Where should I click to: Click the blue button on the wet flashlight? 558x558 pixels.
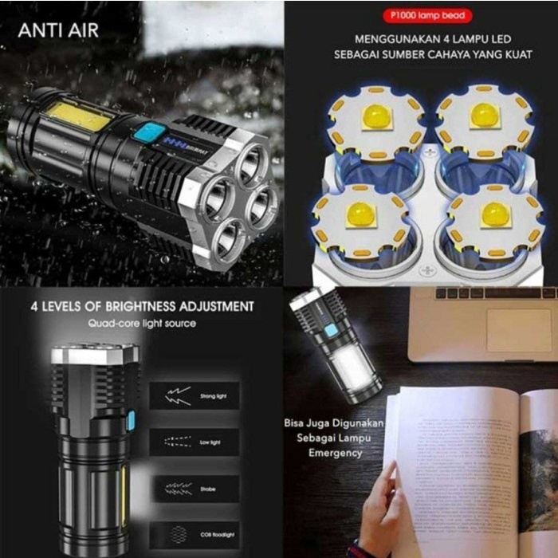(x=147, y=132)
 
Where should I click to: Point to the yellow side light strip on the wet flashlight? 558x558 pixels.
(x=77, y=116)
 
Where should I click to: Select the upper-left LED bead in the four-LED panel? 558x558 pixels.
(x=375, y=119)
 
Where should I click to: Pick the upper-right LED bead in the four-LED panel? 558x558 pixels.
(x=484, y=116)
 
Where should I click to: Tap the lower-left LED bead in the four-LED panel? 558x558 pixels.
(x=361, y=214)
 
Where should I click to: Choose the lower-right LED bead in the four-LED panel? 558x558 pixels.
(x=493, y=214)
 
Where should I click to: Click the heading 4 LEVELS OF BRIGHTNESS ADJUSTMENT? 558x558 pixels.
(x=143, y=306)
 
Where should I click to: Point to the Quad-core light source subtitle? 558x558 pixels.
(x=143, y=323)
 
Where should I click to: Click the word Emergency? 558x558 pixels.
(x=336, y=453)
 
